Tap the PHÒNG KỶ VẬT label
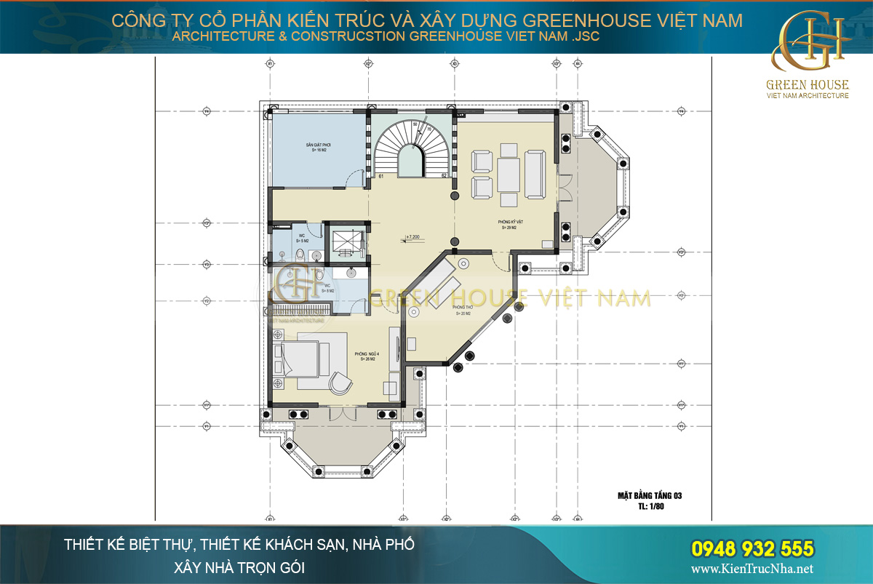click(508, 225)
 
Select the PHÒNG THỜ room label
click(465, 311)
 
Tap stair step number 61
click(381, 176)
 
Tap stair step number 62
click(443, 176)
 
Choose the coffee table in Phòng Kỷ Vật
click(509, 172)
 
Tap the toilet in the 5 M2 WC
click(300, 253)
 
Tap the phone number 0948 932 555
click(751, 548)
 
